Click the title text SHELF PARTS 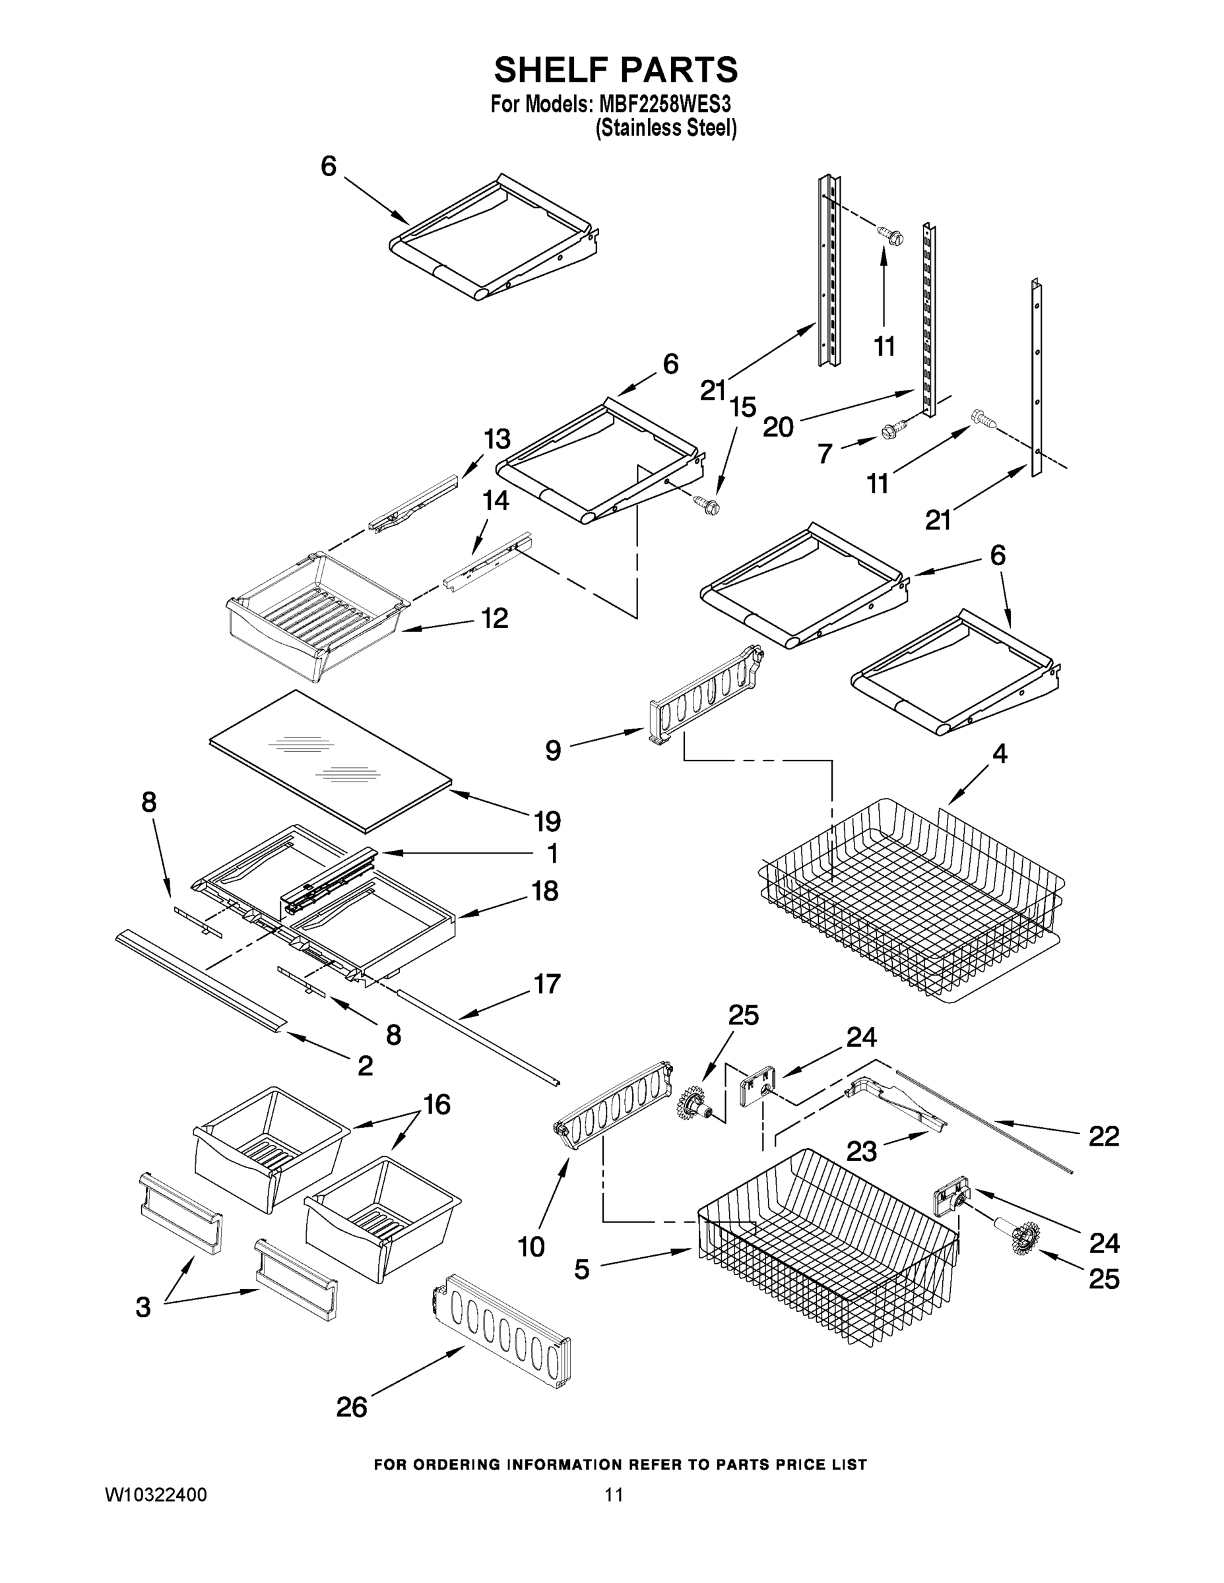(x=616, y=71)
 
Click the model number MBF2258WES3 (x=664, y=104)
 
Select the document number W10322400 (x=156, y=1495)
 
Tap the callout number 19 (x=548, y=821)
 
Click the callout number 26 (x=352, y=1407)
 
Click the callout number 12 (x=494, y=618)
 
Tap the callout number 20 (x=778, y=427)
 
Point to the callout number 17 (x=547, y=983)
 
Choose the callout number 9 (x=553, y=750)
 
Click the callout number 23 (x=862, y=1151)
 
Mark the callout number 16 (x=437, y=1104)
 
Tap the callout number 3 (x=143, y=1307)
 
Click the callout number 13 (x=497, y=439)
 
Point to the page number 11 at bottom (x=614, y=1495)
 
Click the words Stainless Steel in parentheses (x=666, y=129)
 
